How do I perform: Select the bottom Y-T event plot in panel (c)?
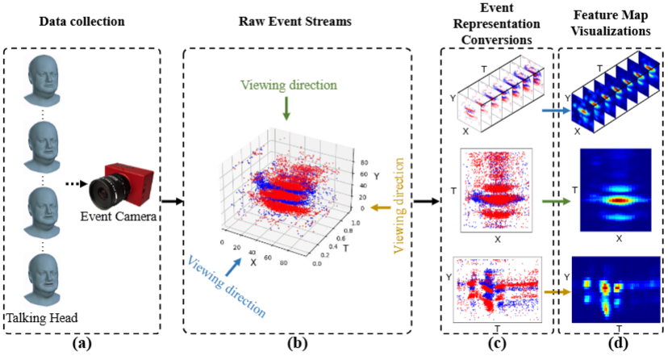(x=494, y=288)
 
